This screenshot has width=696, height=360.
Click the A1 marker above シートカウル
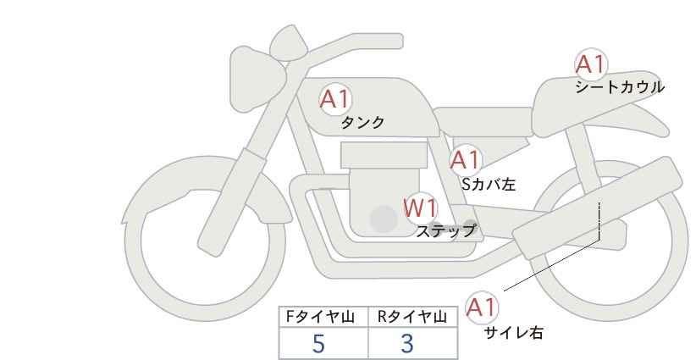click(590, 64)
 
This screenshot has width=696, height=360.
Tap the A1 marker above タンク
click(334, 100)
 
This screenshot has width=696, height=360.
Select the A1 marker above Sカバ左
click(465, 159)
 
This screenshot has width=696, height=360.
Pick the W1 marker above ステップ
click(420, 208)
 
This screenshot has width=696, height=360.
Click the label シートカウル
click(619, 86)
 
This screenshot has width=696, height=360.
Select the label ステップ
click(445, 230)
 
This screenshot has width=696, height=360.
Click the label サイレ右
click(513, 332)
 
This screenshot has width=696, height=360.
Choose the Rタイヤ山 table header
click(412, 316)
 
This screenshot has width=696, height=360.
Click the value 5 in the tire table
click(319, 344)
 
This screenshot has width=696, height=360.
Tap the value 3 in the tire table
click(407, 344)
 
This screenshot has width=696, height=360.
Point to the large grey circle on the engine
click(384, 219)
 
